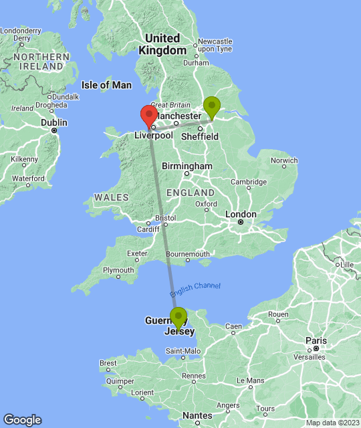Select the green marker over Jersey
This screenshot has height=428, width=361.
(178, 318)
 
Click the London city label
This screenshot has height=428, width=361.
(241, 215)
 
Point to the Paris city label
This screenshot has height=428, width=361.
(316, 340)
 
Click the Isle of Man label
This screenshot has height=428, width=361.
(106, 85)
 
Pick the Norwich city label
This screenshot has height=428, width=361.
(284, 160)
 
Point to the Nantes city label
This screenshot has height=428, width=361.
(197, 415)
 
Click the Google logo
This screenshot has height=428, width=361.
(21, 419)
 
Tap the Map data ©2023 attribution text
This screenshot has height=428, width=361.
(332, 423)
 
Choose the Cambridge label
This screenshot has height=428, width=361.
(249, 182)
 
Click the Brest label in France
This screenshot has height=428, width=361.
(108, 363)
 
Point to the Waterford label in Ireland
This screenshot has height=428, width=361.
(28, 179)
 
